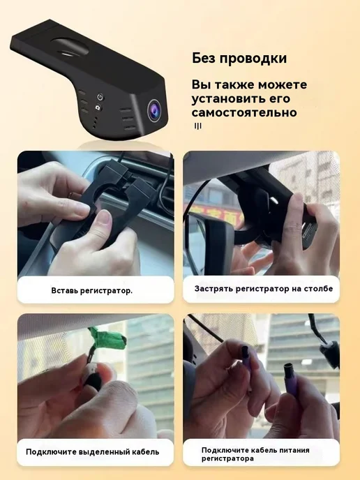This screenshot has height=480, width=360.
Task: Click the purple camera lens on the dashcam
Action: pos(155,110)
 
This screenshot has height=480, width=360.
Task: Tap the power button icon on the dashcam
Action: pos(100,97)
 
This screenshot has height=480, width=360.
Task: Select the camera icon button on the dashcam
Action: pos(98,107)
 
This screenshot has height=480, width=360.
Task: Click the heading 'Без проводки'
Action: pos(239,58)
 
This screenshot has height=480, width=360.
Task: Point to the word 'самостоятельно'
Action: pos(244,112)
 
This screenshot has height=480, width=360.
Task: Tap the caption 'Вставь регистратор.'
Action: pos(92,290)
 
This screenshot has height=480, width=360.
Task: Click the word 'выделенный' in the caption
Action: pos(105,452)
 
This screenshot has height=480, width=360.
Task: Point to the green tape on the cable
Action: pos(107,338)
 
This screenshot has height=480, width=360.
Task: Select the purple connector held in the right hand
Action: pos(290,380)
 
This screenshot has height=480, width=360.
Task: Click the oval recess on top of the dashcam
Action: pos(70,47)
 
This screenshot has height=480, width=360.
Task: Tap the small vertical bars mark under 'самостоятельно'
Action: pos(198,126)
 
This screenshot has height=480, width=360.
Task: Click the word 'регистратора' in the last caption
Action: pos(227,458)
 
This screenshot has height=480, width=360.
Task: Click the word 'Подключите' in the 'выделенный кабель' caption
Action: pos(51,452)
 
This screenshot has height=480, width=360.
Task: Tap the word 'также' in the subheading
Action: pos(235,85)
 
